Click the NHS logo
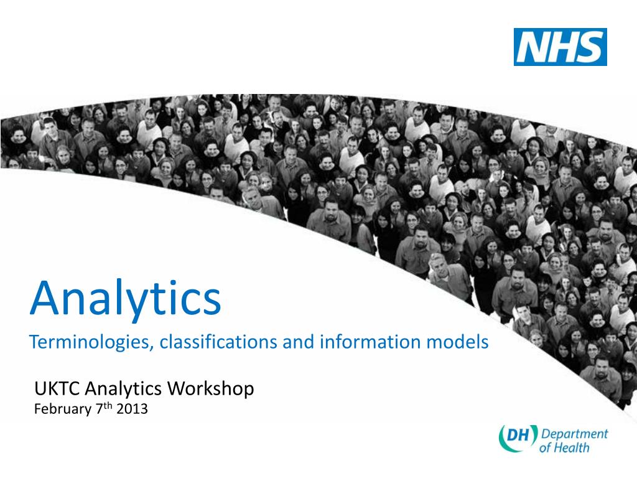pos(560,47)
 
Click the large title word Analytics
pos(126,298)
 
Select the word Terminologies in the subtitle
pos(90,342)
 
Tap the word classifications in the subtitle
pos(218,342)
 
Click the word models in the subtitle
pos(457,342)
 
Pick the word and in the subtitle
pos(299,342)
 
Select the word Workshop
pos(211,388)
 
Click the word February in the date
pos(63,409)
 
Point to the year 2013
pos(132,409)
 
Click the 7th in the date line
pos(104,408)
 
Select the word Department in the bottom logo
pos(574,434)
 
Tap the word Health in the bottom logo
pos(572,448)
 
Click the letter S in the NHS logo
pos(590,47)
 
